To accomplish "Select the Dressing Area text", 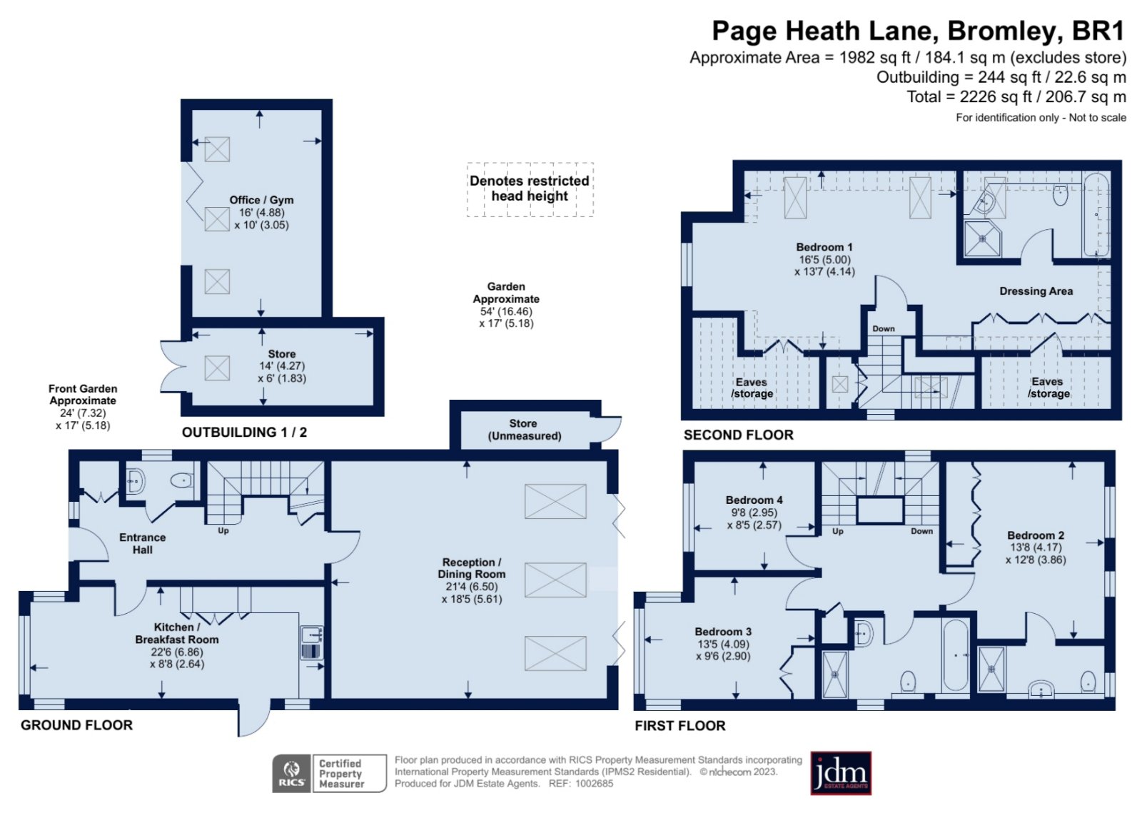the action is (x=1036, y=291).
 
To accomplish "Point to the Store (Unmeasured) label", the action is (x=524, y=430).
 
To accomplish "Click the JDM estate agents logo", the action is (x=841, y=773).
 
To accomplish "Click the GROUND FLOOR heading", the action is (x=76, y=724).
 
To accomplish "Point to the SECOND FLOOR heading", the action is (x=738, y=435).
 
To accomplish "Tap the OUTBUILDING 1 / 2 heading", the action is (x=244, y=433).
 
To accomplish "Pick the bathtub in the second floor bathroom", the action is (x=1096, y=215).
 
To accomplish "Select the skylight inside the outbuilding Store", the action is (x=217, y=368).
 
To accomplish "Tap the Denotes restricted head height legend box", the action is (x=530, y=190).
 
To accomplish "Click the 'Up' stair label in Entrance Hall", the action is (x=223, y=530).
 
